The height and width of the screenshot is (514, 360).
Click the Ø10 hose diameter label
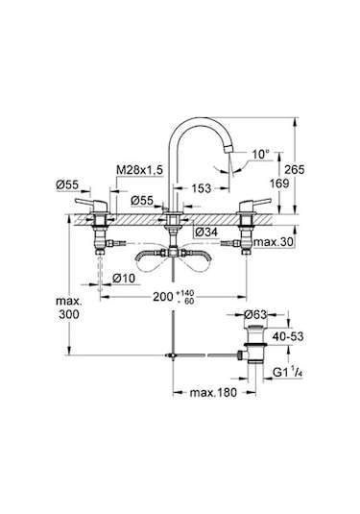point(120,279)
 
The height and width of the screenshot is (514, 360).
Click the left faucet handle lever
point(84,204)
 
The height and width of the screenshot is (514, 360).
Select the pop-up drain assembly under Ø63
point(252,348)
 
